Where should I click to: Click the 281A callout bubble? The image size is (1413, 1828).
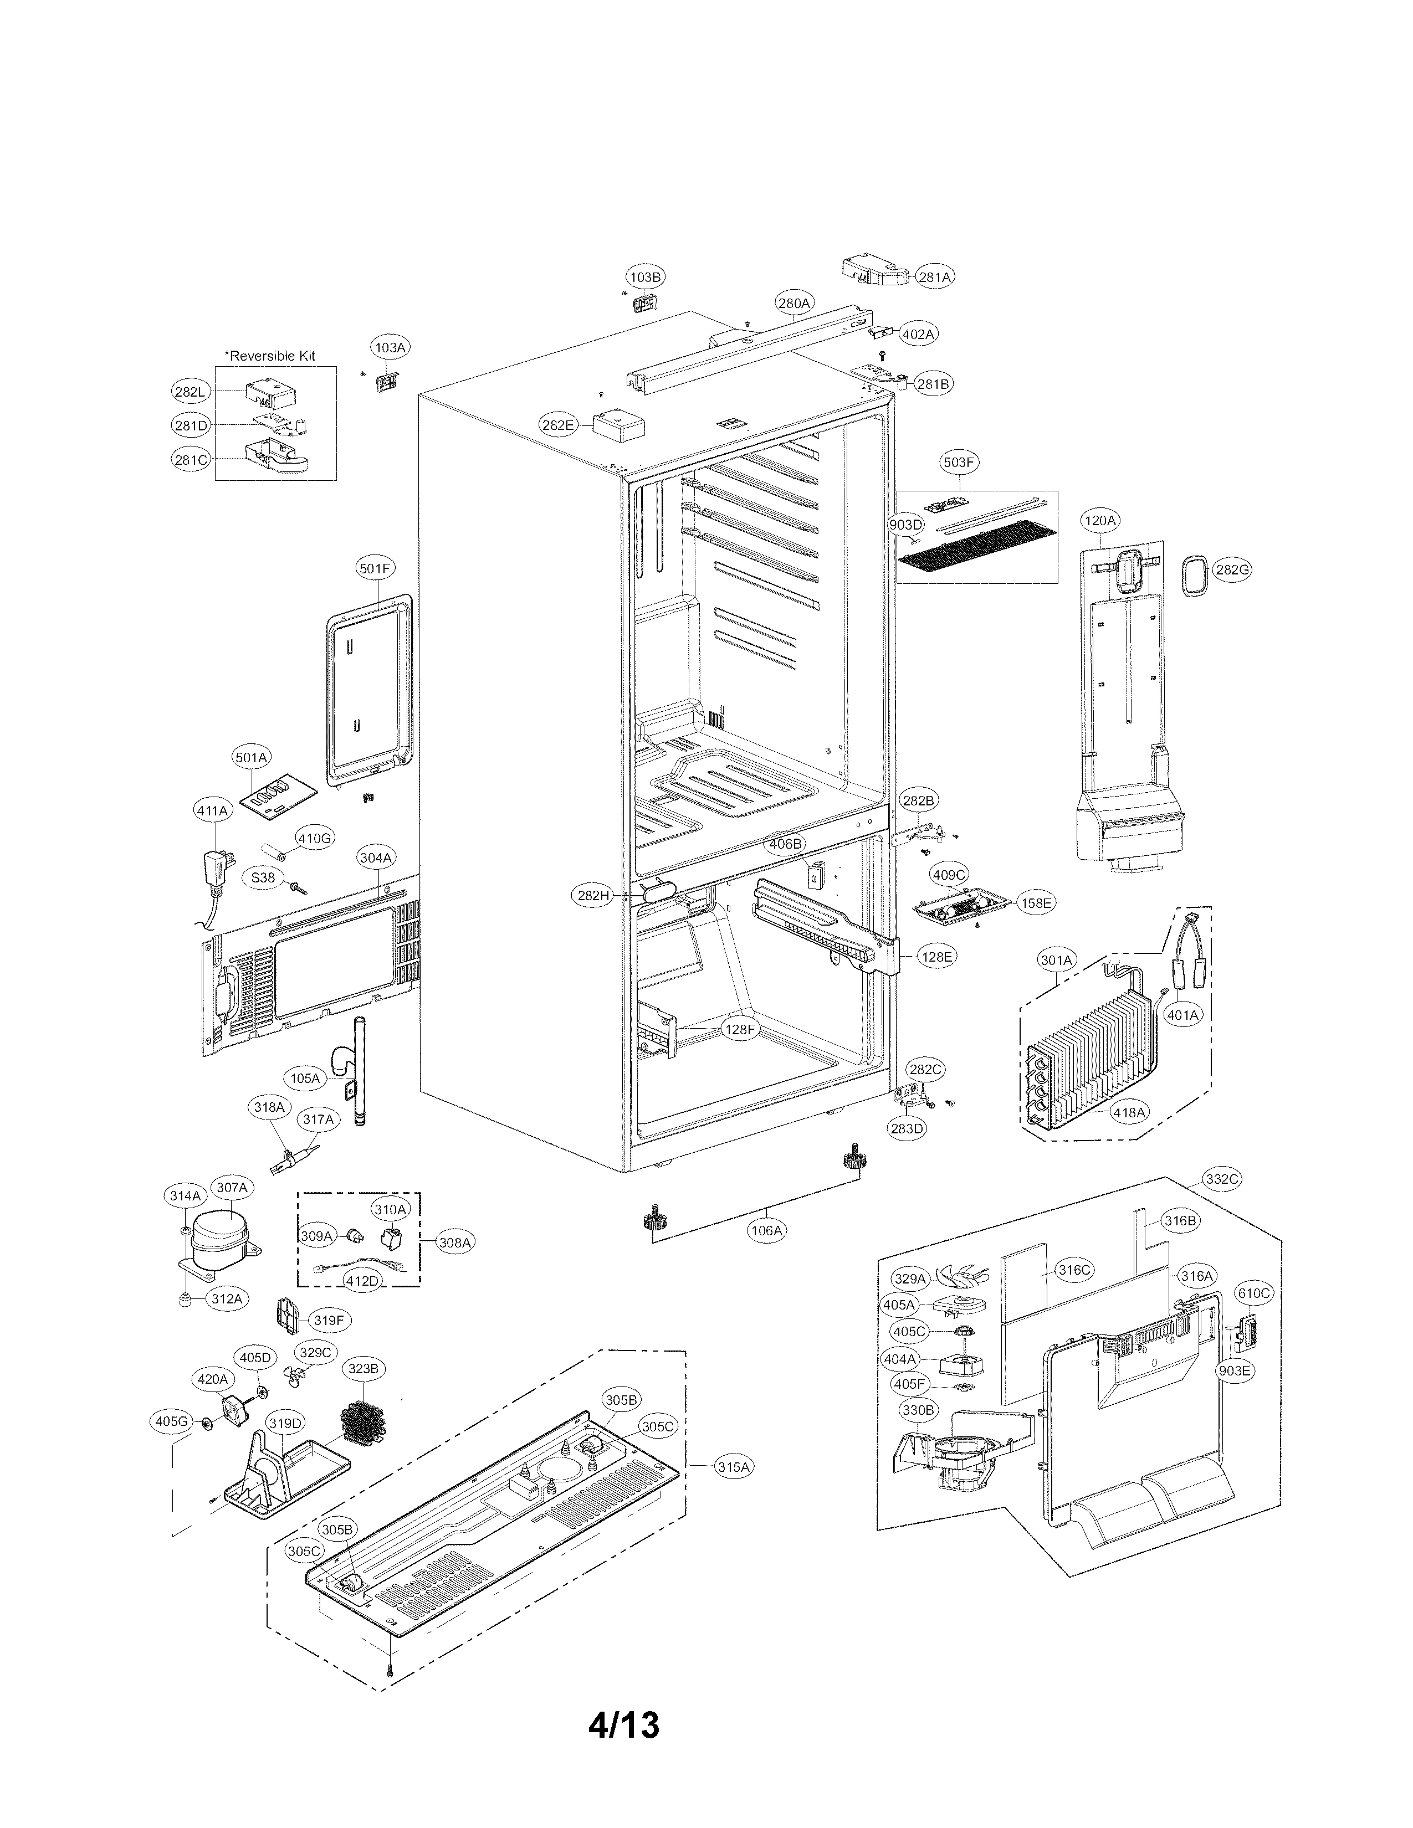coord(934,276)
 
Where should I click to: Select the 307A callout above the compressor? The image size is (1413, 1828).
coord(232,1187)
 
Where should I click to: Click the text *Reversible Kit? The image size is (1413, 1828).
coord(269,355)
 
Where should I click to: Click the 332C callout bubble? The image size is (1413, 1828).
coord(1221,1179)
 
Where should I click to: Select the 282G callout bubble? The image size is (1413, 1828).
coord(1232,570)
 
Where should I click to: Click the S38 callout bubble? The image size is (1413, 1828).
coord(263,877)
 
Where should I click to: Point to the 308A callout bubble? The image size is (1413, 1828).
coord(454,1243)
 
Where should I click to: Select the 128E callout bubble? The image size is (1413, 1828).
coord(936,956)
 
